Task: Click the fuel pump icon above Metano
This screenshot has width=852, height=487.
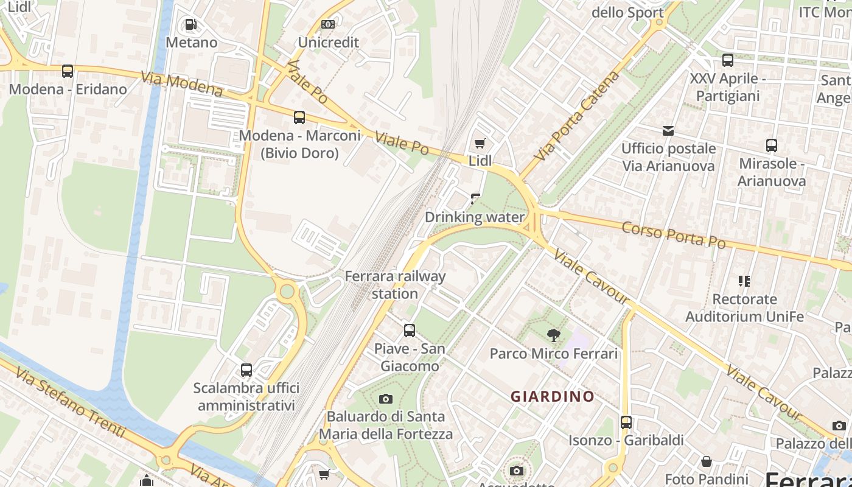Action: (190, 24)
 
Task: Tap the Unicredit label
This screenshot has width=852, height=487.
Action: (328, 42)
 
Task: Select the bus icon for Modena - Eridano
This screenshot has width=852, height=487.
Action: (68, 71)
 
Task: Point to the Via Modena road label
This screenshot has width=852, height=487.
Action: (182, 84)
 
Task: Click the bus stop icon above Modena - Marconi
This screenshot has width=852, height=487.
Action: (299, 117)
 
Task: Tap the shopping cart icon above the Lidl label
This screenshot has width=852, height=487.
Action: (480, 143)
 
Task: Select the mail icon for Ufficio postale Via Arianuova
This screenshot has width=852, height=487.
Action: (668, 130)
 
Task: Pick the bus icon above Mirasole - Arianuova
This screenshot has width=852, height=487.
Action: (772, 145)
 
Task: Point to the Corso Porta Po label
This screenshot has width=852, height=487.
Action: (674, 234)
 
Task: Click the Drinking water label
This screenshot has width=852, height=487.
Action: (474, 217)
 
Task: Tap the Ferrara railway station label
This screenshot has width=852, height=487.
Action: (395, 284)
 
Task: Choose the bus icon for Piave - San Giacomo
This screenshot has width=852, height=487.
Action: (410, 331)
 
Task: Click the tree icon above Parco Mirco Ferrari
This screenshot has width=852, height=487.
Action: (553, 335)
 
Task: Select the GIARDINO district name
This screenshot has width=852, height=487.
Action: (553, 396)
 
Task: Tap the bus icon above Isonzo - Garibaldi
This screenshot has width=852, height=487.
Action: (626, 422)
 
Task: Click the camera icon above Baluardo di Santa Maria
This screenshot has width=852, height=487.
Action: (385, 399)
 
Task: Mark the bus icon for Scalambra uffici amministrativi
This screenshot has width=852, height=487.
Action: (246, 370)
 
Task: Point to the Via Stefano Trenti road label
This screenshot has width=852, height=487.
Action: (70, 402)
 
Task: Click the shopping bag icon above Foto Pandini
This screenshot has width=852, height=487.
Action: (707, 461)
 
